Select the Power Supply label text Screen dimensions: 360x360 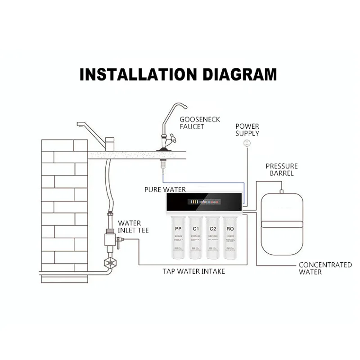click(x=247, y=130)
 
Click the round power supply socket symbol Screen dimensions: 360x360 click(x=246, y=143)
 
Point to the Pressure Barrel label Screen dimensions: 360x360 click(x=281, y=170)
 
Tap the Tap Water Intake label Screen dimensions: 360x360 click(x=193, y=271)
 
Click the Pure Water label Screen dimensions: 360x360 click(x=165, y=189)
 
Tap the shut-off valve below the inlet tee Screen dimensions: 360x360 click(x=108, y=263)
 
